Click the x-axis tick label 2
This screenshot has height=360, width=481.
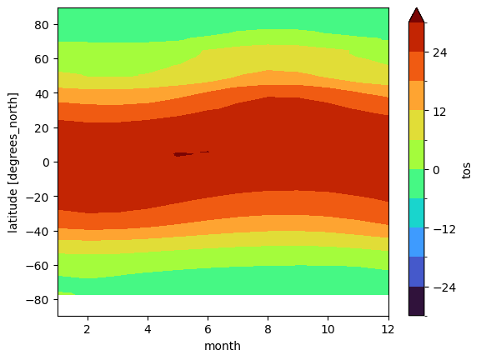[x=88, y=328]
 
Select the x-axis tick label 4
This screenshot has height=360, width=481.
[x=148, y=328]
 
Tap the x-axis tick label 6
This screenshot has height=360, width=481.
[x=208, y=328]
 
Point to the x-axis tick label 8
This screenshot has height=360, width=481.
[x=268, y=328]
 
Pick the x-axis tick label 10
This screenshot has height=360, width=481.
[x=328, y=328]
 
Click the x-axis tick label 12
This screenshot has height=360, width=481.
[x=388, y=328]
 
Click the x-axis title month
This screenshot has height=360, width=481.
[x=223, y=345]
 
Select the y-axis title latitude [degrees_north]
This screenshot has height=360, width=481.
[x=13, y=162]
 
